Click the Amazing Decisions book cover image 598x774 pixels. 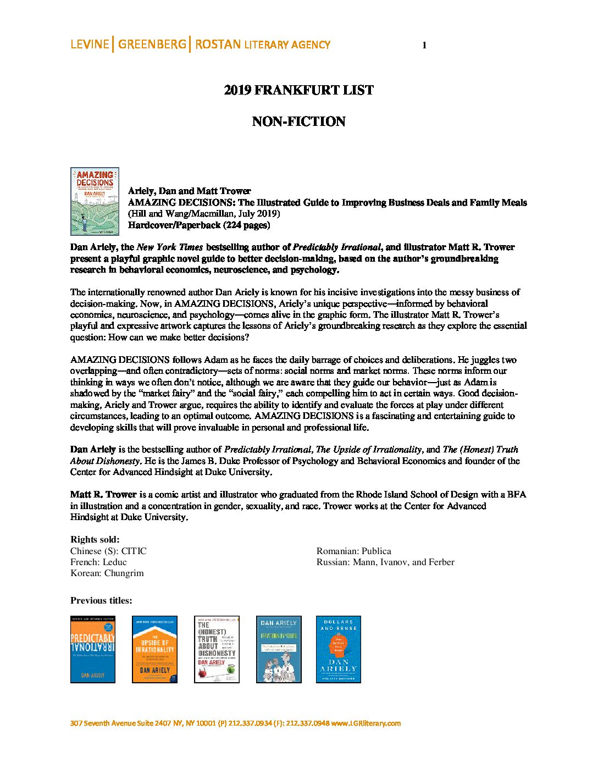point(95,201)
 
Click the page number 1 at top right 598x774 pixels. point(424,46)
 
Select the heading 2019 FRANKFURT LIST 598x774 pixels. point(298,90)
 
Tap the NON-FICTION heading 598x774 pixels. point(298,121)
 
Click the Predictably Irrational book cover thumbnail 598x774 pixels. point(93,649)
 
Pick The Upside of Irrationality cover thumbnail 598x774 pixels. point(154,649)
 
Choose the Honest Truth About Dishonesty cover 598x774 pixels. point(217,649)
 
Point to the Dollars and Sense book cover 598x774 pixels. point(338,649)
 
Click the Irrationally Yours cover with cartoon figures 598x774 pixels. point(279,649)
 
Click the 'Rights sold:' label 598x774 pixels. point(95,539)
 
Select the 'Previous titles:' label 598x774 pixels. point(101,600)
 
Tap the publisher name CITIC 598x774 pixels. point(134,551)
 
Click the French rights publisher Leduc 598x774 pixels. point(114,562)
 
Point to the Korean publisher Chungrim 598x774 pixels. point(124,573)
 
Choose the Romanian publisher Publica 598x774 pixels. point(376,551)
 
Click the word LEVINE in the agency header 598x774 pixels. point(90,45)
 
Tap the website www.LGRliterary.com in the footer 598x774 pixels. point(366,723)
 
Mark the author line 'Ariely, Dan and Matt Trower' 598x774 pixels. point(189,191)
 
